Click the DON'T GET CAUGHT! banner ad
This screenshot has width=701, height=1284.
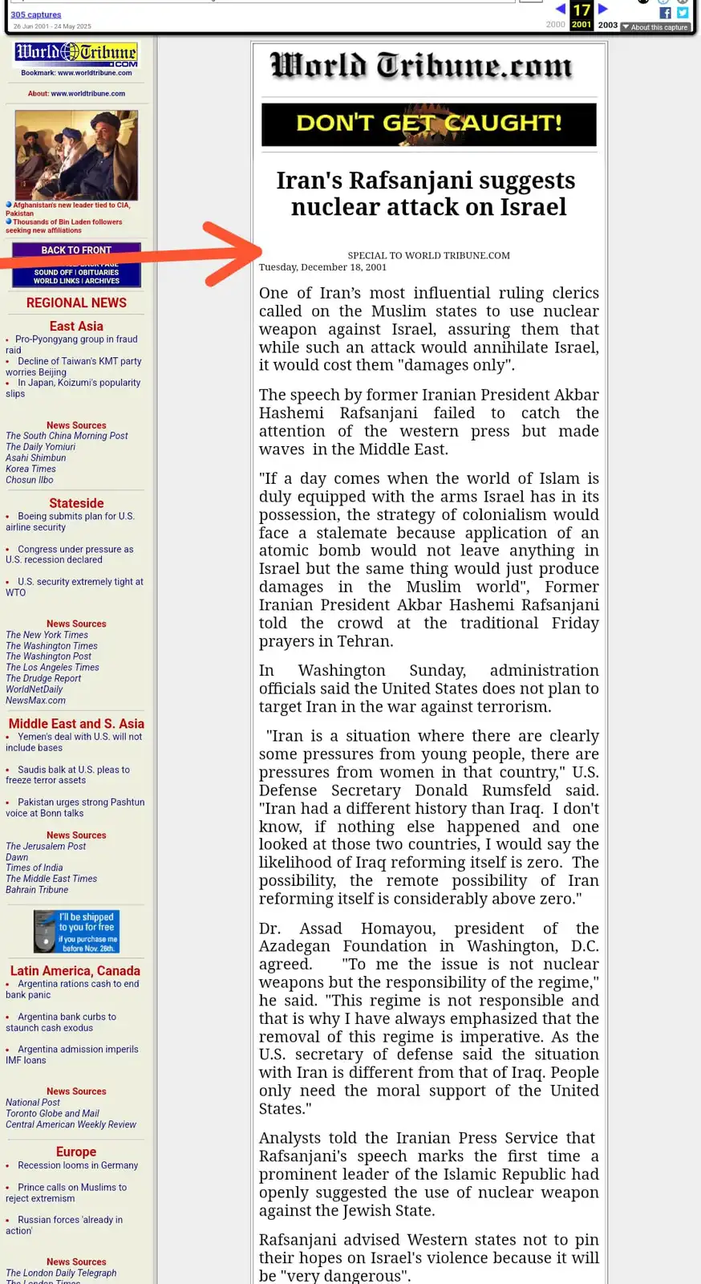(x=428, y=124)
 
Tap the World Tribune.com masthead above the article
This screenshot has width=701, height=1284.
(x=422, y=66)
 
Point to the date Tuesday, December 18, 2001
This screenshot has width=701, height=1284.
(x=322, y=267)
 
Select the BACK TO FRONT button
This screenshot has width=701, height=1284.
(x=76, y=250)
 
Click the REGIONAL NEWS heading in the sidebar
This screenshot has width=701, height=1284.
(x=76, y=303)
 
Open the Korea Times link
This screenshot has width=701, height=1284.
(x=30, y=469)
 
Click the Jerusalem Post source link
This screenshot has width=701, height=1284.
(x=46, y=846)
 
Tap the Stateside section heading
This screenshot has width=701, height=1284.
(x=76, y=503)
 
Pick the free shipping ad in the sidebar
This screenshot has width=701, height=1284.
(x=76, y=931)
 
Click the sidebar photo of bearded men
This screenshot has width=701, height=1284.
(x=76, y=155)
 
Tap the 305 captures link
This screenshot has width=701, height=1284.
(x=36, y=14)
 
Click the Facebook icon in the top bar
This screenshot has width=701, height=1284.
(x=665, y=13)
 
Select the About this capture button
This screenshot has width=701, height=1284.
(x=655, y=27)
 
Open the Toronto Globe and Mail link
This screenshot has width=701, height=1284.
(x=52, y=1113)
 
